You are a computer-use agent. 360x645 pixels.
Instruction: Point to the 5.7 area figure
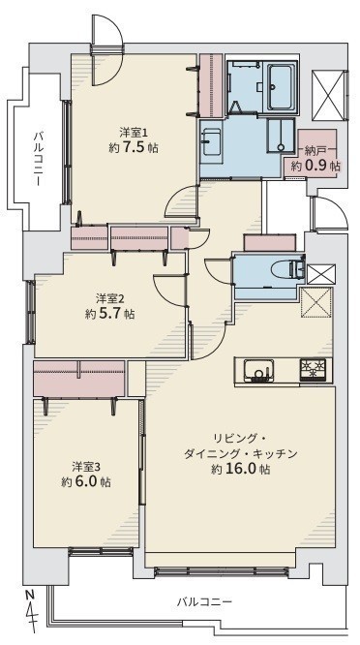click(x=110, y=314)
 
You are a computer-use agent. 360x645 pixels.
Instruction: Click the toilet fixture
click(x=292, y=270)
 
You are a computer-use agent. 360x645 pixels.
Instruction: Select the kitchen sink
click(x=258, y=371)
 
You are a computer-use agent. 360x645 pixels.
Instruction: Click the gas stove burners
click(x=313, y=370)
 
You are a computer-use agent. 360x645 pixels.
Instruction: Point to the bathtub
click(x=282, y=87)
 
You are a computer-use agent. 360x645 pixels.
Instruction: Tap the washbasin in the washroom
click(x=211, y=142)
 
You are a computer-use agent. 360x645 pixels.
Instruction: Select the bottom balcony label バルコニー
click(x=204, y=602)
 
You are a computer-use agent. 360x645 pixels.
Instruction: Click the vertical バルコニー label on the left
click(x=39, y=158)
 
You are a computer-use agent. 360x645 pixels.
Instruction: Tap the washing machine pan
click(x=281, y=137)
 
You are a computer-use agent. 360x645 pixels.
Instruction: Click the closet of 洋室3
click(x=79, y=379)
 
